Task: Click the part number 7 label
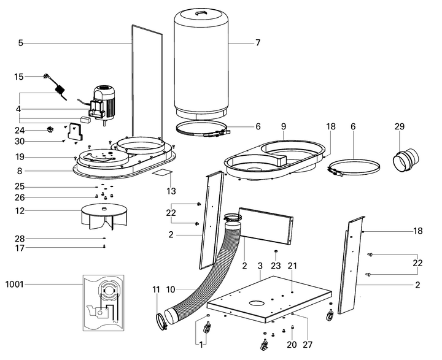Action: click(x=258, y=43)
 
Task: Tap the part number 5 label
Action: click(x=20, y=43)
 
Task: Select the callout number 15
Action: click(x=19, y=77)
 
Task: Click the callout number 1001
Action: click(x=15, y=284)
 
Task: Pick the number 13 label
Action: click(x=171, y=191)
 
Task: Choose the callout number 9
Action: click(x=284, y=126)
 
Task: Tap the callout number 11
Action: click(x=156, y=288)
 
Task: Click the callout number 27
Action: click(x=308, y=344)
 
